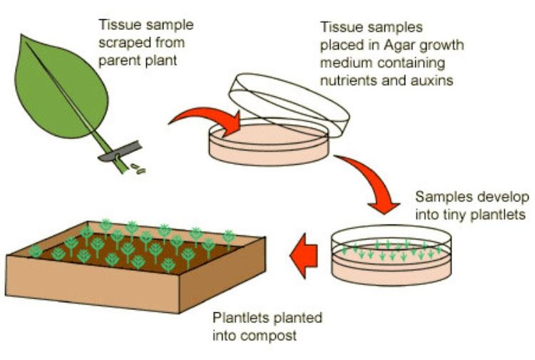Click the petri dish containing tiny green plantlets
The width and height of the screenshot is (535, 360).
tap(392, 257)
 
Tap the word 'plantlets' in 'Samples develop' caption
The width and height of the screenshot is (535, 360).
tap(499, 213)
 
